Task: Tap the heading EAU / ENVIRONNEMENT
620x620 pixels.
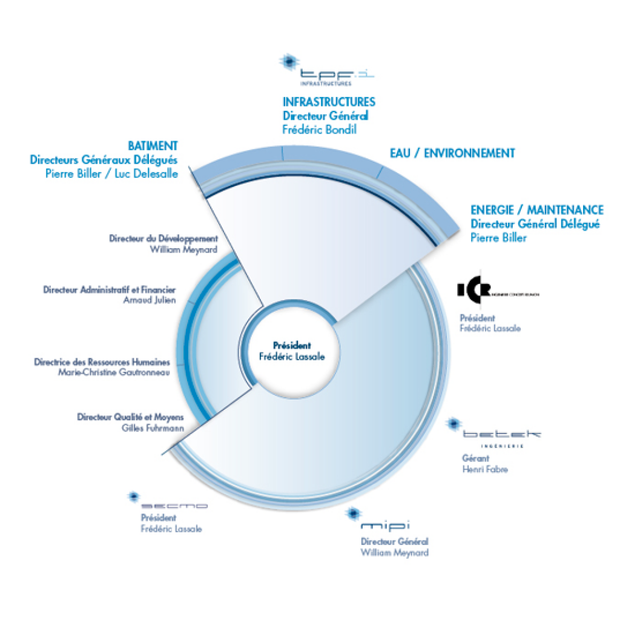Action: click(x=452, y=153)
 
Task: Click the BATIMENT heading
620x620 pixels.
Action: click(x=153, y=146)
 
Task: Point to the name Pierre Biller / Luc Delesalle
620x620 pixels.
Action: click(x=111, y=173)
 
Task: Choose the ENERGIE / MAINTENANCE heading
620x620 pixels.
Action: click(x=536, y=210)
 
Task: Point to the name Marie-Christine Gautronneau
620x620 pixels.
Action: click(x=114, y=372)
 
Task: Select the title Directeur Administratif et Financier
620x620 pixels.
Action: click(x=109, y=290)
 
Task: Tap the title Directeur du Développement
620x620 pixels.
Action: click(x=163, y=239)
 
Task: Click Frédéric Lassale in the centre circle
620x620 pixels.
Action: click(x=291, y=357)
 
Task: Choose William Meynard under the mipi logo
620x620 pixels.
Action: click(x=395, y=553)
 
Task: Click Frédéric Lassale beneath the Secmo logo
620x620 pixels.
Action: click(x=171, y=529)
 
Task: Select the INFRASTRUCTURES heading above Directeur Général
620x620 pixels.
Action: click(x=329, y=102)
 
